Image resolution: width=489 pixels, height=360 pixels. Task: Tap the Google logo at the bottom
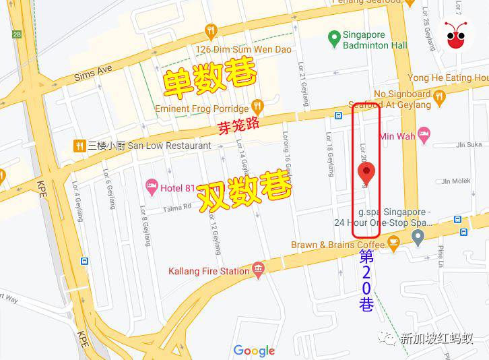pos(254,351)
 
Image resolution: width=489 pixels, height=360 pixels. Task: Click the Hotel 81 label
pos(177,187)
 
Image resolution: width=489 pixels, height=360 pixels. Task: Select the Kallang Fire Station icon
pos(257,271)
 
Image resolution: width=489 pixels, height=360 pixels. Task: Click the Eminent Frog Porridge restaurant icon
pos(257,106)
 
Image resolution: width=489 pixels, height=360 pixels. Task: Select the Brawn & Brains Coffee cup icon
pos(394,241)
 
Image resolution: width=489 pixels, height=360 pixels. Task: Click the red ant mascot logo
pos(458,34)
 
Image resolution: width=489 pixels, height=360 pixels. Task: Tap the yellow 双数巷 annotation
pos(244,191)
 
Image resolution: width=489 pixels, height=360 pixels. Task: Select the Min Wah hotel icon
pos(424,135)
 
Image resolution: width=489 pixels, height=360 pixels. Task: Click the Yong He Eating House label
pos(448,78)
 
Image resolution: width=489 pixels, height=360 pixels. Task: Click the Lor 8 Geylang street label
pos(144,226)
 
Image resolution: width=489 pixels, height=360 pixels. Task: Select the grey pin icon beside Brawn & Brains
pos(418,237)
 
